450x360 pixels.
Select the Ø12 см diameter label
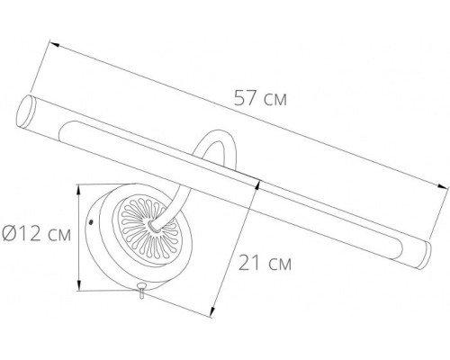[x=38, y=237]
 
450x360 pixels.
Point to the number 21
[x=249, y=264]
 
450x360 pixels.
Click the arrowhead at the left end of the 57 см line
[x=52, y=41]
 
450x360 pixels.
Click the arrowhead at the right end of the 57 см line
[x=445, y=187]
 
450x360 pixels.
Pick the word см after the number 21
[x=283, y=264]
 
